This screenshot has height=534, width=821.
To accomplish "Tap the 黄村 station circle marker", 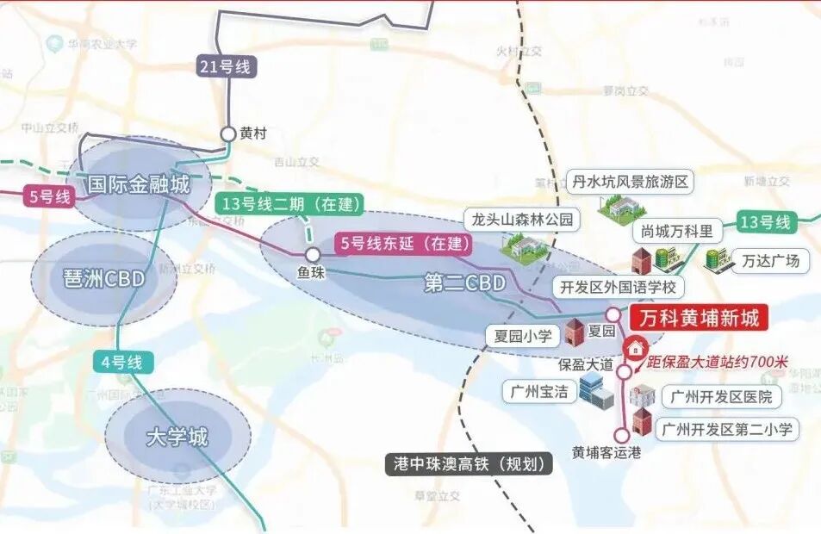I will (x=228, y=133).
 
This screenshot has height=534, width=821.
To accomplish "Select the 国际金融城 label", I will (x=139, y=184).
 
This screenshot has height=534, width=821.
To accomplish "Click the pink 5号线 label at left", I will (x=50, y=196).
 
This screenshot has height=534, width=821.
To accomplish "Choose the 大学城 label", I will (x=177, y=437).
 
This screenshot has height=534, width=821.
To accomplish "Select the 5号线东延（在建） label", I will (x=407, y=244).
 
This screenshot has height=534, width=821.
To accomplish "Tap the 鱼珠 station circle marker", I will (x=313, y=255).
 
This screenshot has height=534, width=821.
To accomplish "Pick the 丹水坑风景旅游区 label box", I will (x=631, y=183).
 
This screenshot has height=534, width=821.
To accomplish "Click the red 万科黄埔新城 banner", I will (x=699, y=319).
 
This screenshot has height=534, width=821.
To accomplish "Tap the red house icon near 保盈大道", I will (x=635, y=348).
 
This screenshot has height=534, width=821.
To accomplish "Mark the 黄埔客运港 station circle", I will (x=622, y=435).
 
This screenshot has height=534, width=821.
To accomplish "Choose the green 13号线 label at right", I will (x=764, y=222).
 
